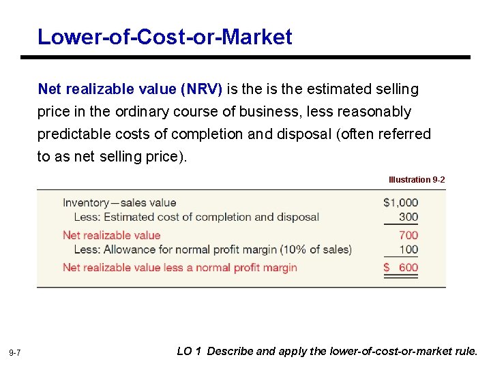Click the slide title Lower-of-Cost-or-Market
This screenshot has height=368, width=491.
(x=165, y=36)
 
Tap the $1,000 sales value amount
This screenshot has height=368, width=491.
(x=400, y=202)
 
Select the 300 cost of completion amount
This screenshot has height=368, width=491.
(x=408, y=217)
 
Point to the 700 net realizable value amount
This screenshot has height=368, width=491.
(x=408, y=235)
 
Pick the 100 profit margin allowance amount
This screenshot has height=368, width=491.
(x=408, y=249)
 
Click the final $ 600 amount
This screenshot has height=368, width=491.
(x=401, y=267)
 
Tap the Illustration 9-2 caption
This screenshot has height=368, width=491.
(x=417, y=180)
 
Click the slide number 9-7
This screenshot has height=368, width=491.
(x=15, y=353)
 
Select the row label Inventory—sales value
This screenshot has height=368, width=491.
(x=119, y=202)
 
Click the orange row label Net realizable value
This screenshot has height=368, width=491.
(x=111, y=235)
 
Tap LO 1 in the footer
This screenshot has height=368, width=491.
(x=189, y=352)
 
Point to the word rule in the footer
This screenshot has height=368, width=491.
(x=466, y=352)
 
